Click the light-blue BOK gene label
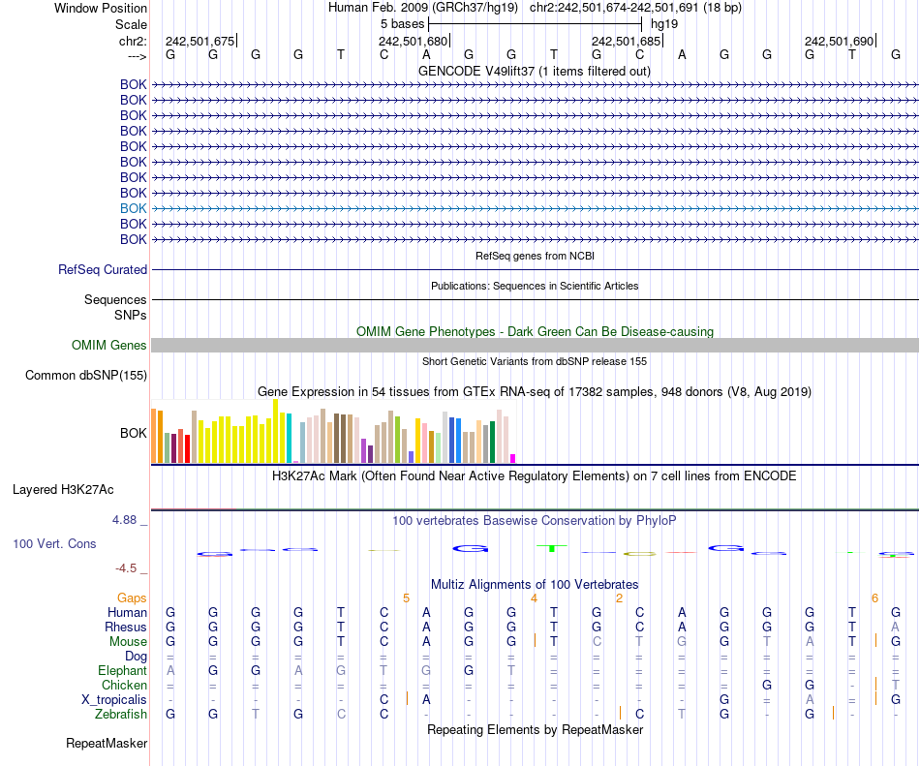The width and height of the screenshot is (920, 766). tap(134, 208)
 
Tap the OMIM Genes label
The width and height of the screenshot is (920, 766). tap(109, 345)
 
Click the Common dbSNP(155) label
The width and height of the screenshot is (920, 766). tap(86, 376)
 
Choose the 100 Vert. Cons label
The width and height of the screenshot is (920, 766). tap(54, 544)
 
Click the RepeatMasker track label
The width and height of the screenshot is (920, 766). tap(107, 744)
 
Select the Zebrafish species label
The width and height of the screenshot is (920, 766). tap(121, 714)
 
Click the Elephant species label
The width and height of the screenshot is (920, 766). tap(122, 670)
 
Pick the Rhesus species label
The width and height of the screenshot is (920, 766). tap(126, 627)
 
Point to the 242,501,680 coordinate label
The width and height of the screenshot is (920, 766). tap(414, 42)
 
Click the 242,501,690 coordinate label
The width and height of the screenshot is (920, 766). tap(839, 42)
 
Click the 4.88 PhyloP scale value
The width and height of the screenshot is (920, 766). tap(127, 520)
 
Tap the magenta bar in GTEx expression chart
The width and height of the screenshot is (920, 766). tap(513, 458)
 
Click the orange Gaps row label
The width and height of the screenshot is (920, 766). tap(132, 598)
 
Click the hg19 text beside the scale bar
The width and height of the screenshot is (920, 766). tap(664, 22)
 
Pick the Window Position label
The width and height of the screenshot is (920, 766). tap(101, 8)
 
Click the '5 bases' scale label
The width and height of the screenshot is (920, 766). tap(402, 22)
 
